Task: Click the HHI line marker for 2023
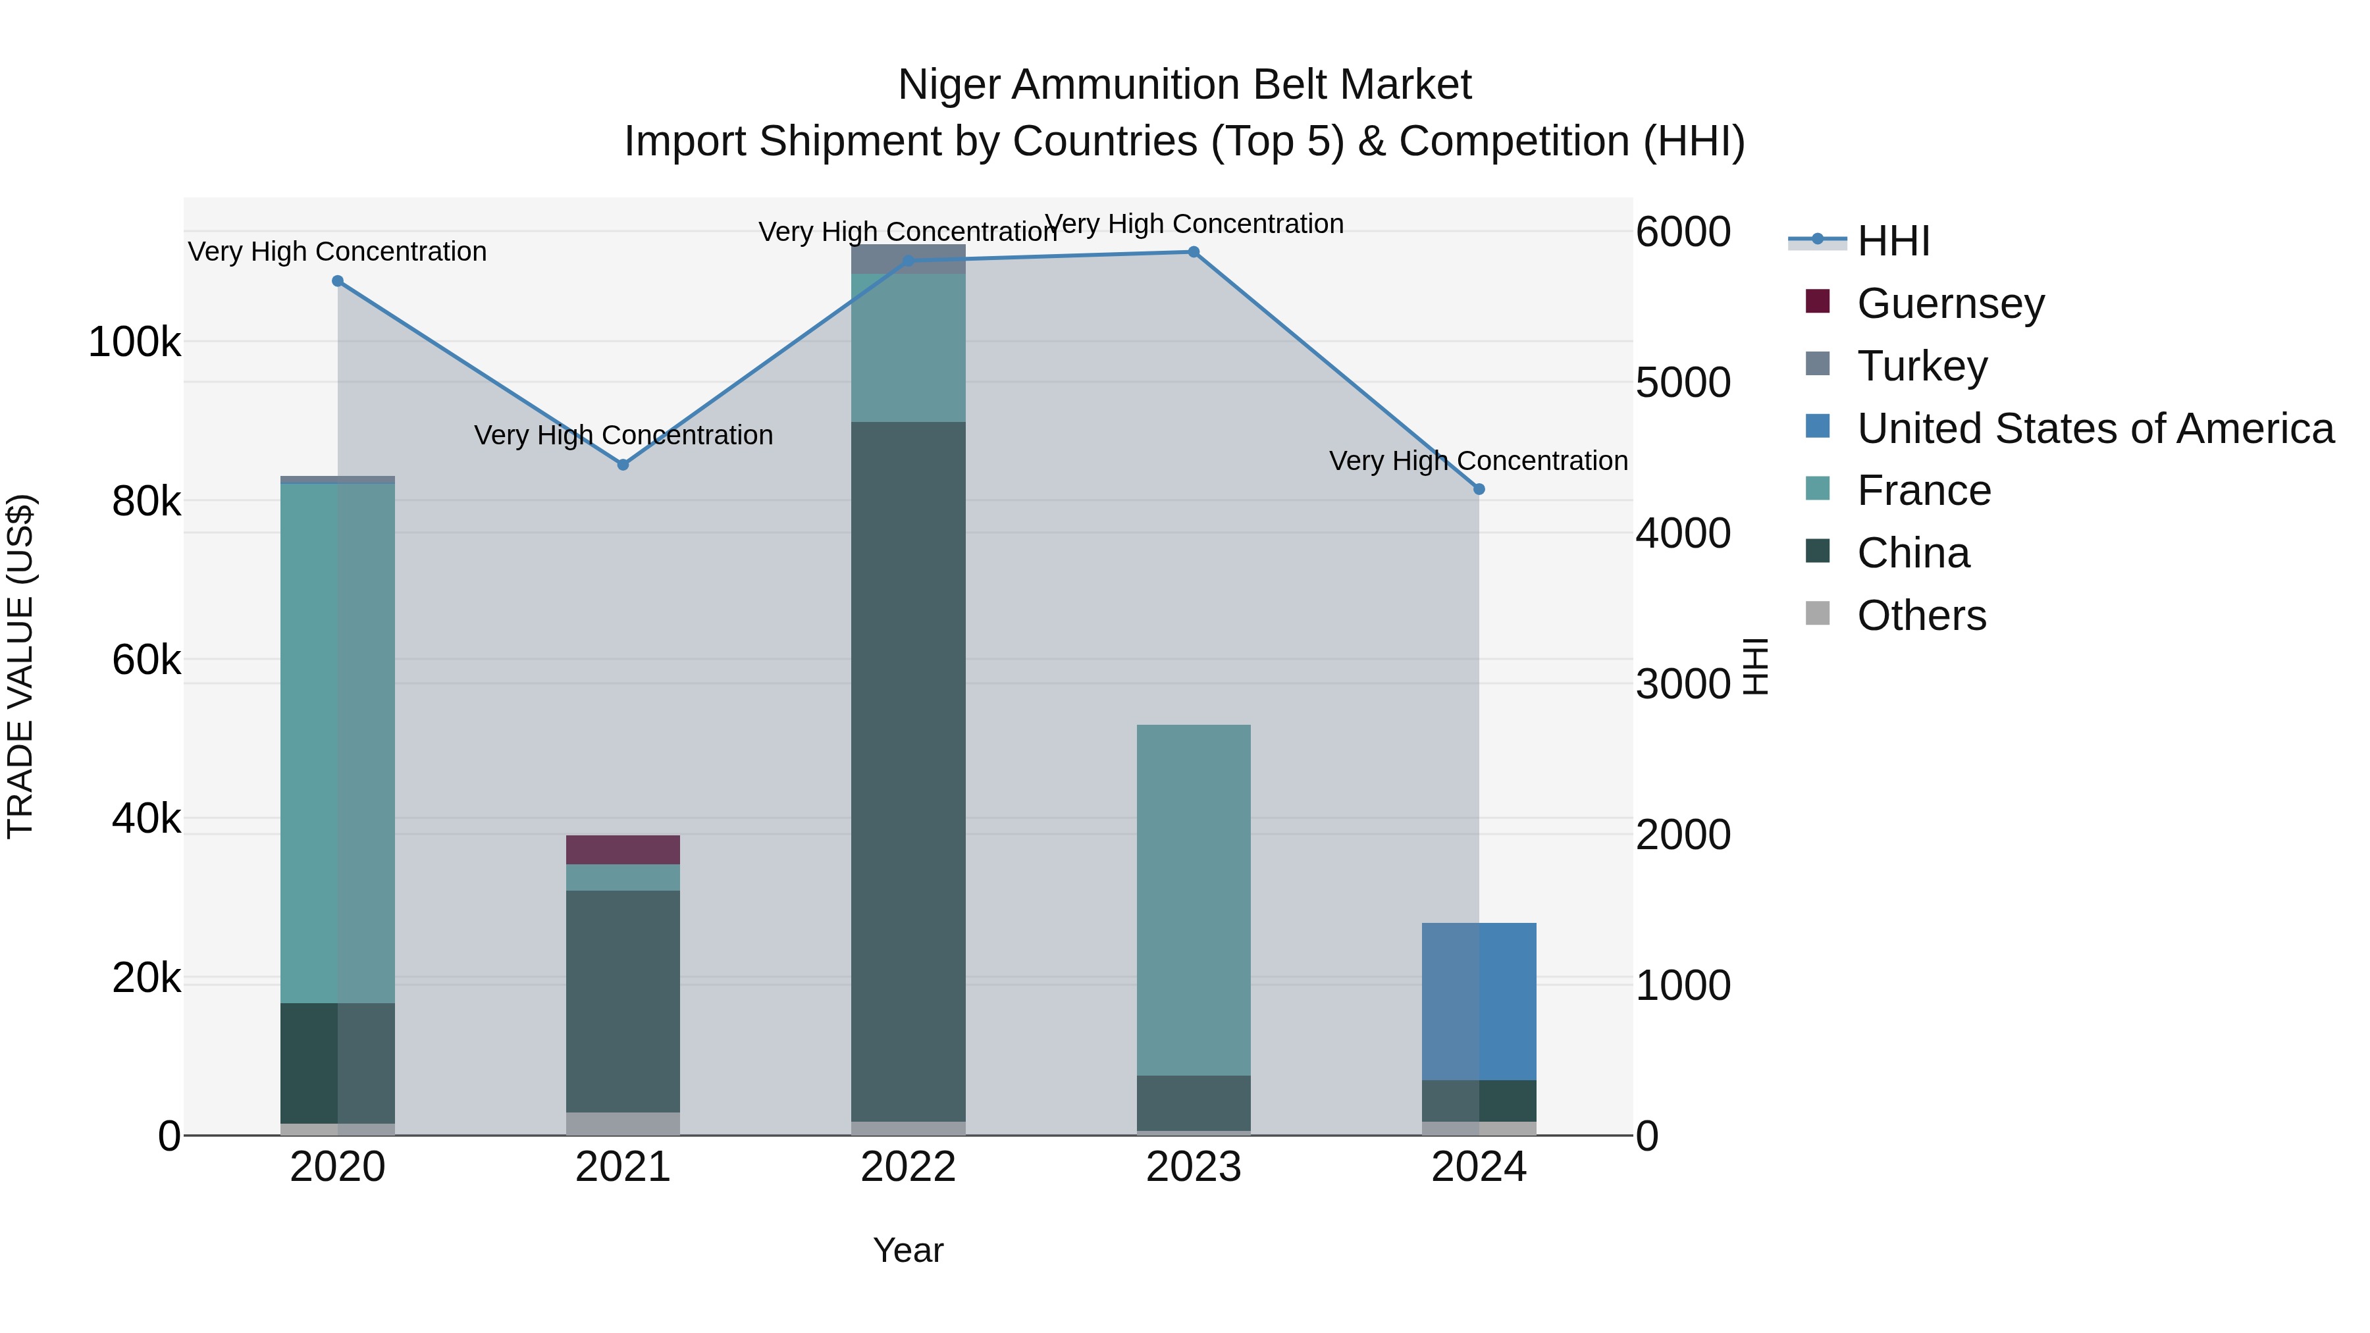click(1194, 252)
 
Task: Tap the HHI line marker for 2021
click(623, 465)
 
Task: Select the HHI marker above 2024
click(1479, 489)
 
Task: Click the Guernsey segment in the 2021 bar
click(623, 850)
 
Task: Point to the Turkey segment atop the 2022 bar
click(908, 259)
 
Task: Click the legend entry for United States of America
click(2095, 428)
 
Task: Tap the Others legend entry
click(1921, 615)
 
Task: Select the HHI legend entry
click(1893, 241)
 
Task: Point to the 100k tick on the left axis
click(134, 342)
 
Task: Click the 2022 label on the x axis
click(908, 1167)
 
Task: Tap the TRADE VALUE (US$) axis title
click(20, 666)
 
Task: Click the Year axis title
click(908, 1250)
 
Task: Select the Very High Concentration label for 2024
click(1479, 461)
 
